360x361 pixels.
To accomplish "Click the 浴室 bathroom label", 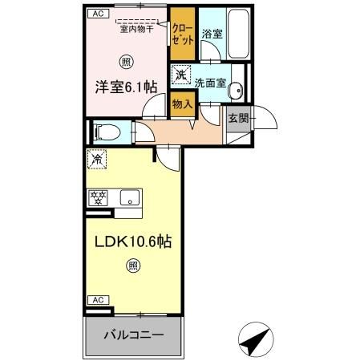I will [x=212, y=34].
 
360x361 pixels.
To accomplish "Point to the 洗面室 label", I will [x=213, y=83].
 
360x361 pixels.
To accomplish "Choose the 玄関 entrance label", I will [x=238, y=118].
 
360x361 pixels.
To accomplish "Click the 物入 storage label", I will [x=182, y=103].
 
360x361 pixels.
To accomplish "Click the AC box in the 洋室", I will [x=96, y=14].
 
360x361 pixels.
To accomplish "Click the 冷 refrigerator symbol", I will [x=97, y=160].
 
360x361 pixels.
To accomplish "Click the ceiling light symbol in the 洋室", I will [x=127, y=61].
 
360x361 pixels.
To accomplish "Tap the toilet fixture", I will [x=104, y=132].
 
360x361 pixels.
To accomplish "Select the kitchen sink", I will [x=129, y=197].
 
